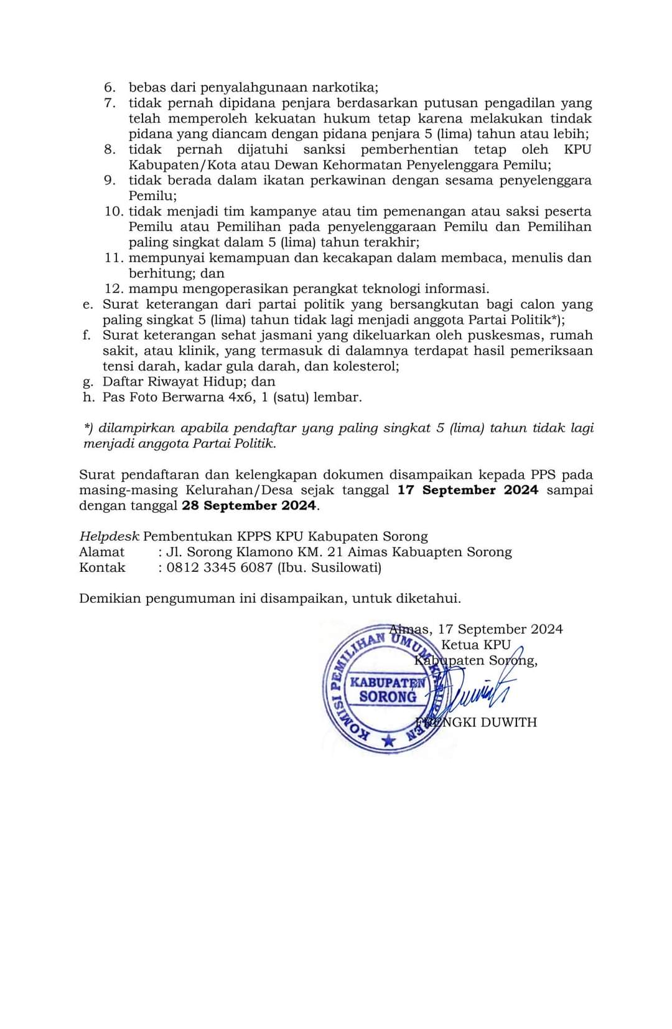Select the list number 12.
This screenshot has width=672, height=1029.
[x=113, y=288]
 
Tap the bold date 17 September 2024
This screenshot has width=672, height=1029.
[x=468, y=490]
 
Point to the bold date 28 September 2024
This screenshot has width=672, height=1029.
[x=249, y=506]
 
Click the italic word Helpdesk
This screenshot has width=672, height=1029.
[x=109, y=537]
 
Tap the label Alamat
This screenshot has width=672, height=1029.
[x=101, y=552]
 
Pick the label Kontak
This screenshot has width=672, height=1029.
[x=102, y=567]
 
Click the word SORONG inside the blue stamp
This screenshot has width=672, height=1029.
[x=388, y=697]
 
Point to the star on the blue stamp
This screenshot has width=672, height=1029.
[x=389, y=740]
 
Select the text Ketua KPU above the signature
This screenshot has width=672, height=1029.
[x=475, y=645]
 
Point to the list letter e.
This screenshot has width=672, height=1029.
[x=87, y=305]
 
